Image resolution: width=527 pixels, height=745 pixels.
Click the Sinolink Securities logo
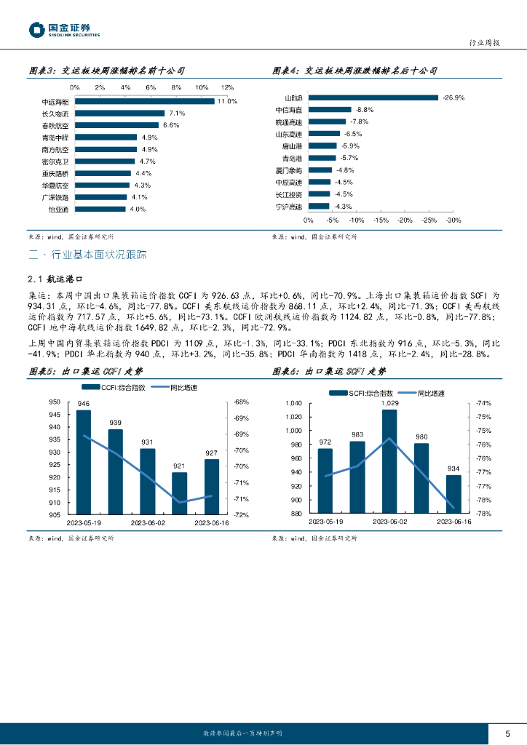(x=64, y=30)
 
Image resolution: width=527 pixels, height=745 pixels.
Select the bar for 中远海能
(x=143, y=101)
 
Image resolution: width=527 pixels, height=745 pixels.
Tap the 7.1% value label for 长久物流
(x=177, y=113)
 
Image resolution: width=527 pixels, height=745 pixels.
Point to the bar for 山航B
(x=373, y=97)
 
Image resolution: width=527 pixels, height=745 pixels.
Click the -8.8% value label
(x=364, y=109)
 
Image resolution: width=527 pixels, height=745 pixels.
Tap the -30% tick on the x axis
(x=453, y=220)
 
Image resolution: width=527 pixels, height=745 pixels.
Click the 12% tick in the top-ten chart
(x=227, y=87)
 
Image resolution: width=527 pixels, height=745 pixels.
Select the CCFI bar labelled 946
(x=84, y=462)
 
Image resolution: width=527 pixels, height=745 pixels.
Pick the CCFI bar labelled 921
(x=179, y=493)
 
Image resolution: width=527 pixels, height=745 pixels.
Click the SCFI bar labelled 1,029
(x=389, y=461)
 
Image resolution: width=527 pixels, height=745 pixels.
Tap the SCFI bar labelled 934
(x=453, y=494)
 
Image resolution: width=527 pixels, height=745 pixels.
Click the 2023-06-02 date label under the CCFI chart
(x=148, y=522)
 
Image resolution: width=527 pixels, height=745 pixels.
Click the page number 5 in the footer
(x=507, y=733)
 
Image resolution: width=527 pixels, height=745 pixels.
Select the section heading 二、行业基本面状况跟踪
(x=87, y=255)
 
